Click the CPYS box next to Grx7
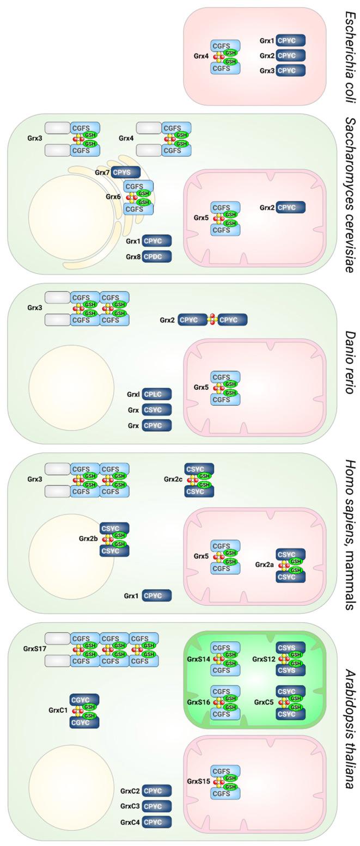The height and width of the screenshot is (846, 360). [x=125, y=173]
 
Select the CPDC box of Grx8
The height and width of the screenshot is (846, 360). [x=157, y=256]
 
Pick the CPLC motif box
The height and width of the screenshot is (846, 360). [x=157, y=394]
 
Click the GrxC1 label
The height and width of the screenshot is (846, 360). [x=58, y=710]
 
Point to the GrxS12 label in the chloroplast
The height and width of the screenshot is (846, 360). [x=264, y=659]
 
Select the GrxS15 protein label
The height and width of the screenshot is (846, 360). [x=198, y=781]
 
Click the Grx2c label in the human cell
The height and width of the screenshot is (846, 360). [x=173, y=480]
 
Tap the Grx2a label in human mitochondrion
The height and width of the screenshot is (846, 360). [x=264, y=565]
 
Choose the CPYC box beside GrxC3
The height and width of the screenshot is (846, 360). [x=157, y=806]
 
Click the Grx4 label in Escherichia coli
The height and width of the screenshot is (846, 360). [x=201, y=56]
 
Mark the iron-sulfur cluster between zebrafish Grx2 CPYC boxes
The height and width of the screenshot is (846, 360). [x=212, y=320]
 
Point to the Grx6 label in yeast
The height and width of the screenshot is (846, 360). [x=113, y=197]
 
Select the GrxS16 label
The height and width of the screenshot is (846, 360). [x=198, y=702]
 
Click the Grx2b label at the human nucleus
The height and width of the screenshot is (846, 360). [x=88, y=538]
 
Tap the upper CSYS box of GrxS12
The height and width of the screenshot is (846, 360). [x=290, y=648]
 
